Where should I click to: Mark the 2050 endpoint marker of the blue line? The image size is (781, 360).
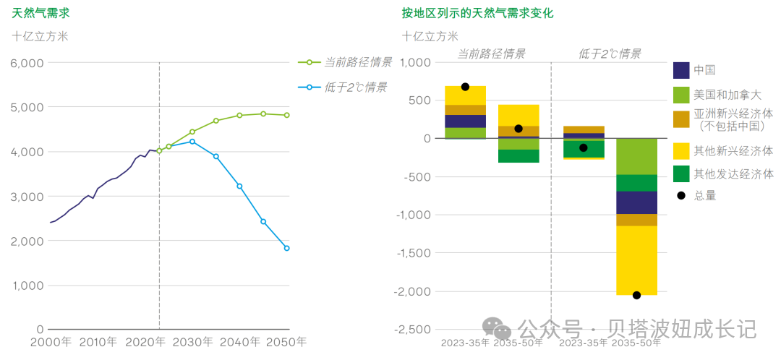pos(287,248)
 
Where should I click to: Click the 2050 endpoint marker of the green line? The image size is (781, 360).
pos(287,115)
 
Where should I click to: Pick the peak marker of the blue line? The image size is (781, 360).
pos(192,142)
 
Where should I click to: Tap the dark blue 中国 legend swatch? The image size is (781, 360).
pos(680,70)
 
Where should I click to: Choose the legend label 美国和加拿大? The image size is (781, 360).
pos(727,95)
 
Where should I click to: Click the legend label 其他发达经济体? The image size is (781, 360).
pos(733,174)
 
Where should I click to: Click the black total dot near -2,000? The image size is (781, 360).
pos(636,295)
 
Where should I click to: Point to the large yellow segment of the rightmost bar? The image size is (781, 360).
pos(636,260)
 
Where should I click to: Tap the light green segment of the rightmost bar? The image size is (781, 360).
pos(636,156)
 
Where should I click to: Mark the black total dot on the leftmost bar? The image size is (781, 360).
pos(465,87)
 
